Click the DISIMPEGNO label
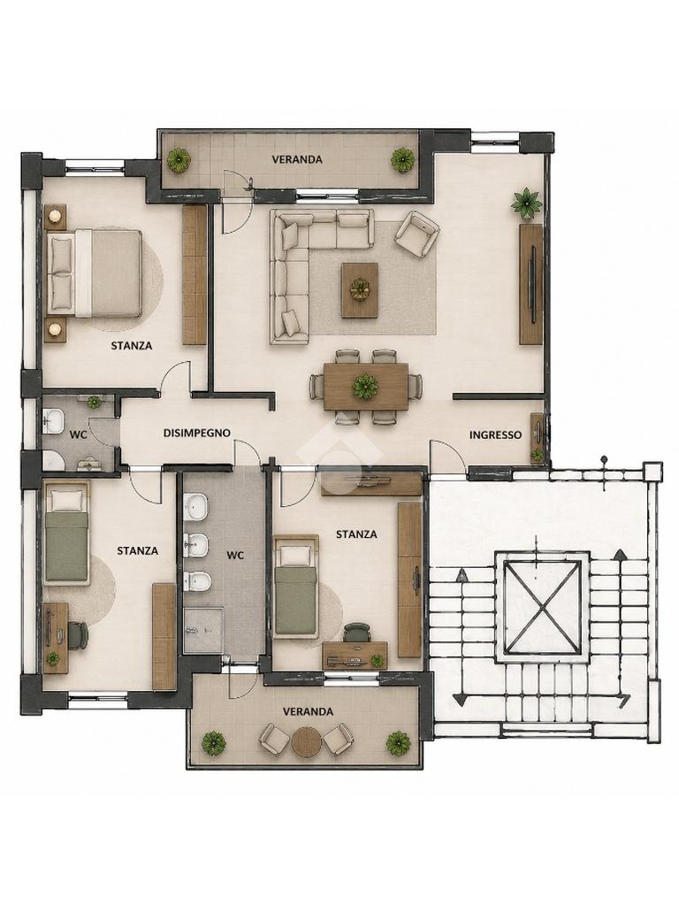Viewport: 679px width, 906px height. [x=197, y=433]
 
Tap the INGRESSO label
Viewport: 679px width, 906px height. [x=495, y=435]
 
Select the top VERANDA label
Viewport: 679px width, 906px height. [x=297, y=159]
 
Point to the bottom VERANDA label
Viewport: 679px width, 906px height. [x=308, y=711]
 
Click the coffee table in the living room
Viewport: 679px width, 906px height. [x=360, y=290]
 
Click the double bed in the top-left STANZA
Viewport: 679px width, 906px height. [x=94, y=273]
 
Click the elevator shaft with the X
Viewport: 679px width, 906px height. [x=542, y=603]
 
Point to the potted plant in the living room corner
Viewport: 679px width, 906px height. [x=526, y=203]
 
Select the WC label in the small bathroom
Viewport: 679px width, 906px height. [x=78, y=434]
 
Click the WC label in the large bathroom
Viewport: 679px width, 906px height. [x=235, y=556]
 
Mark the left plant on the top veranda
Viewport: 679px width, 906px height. [x=179, y=160]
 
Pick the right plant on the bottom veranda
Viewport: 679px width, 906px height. [x=398, y=743]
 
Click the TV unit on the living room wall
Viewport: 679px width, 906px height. [x=530, y=284]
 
